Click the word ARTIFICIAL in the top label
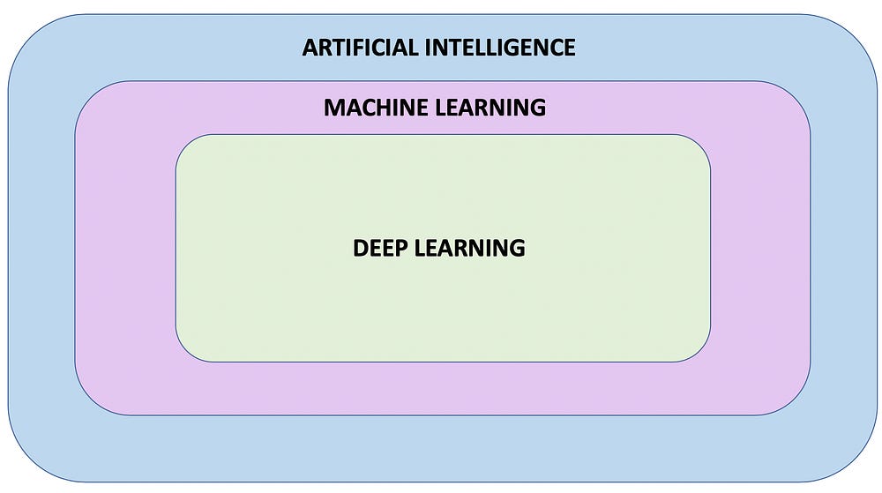point(360,47)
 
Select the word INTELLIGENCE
point(500,47)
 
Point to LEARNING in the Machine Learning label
point(489,108)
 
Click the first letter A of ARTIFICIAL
point(310,47)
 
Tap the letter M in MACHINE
point(333,108)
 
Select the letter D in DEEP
point(361,248)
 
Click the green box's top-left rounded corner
point(186,145)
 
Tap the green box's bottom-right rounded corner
point(699,351)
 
